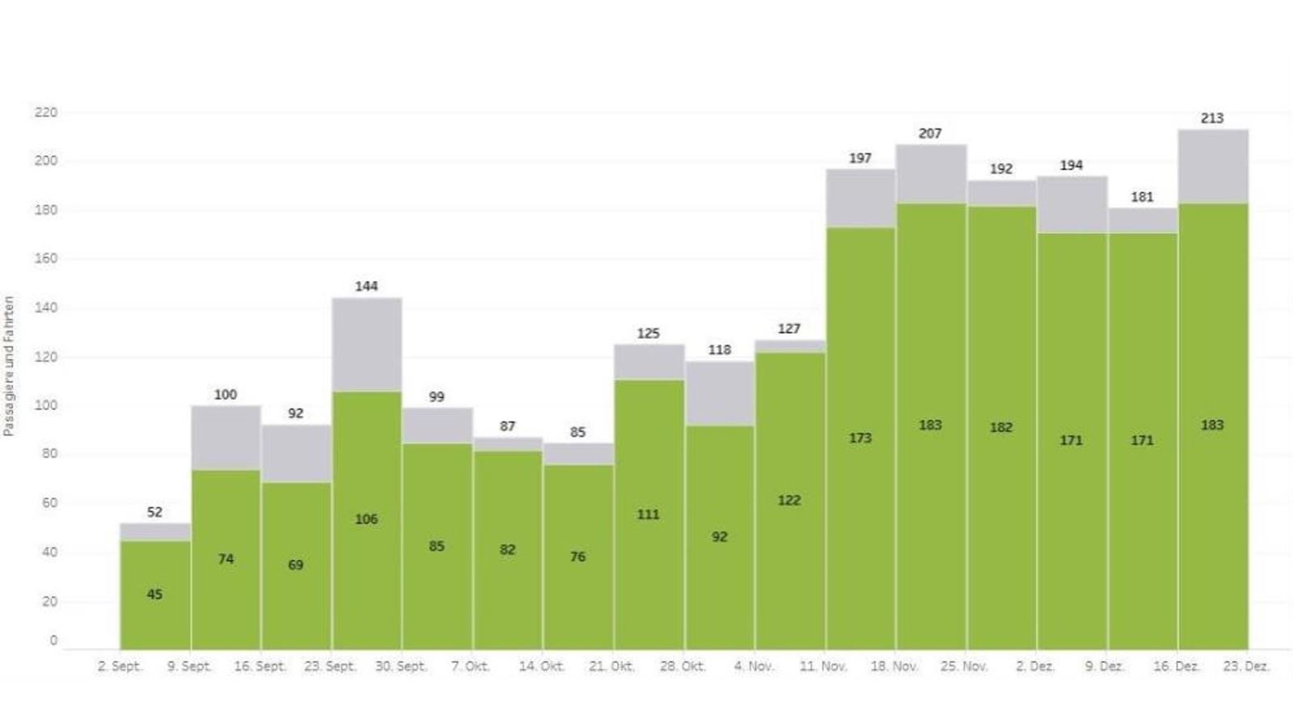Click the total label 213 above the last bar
click(x=1212, y=118)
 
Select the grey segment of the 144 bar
click(x=366, y=345)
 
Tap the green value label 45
click(x=154, y=595)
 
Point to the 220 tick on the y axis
click(x=46, y=112)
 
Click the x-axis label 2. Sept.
click(x=120, y=667)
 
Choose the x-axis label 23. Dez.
click(x=1246, y=667)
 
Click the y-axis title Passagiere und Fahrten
click(x=9, y=366)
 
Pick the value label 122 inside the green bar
click(x=789, y=501)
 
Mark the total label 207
click(x=930, y=133)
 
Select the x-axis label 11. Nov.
click(x=823, y=667)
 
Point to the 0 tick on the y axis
click(x=53, y=641)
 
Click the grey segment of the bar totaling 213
click(x=1212, y=166)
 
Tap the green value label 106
click(x=366, y=519)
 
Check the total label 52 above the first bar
click(x=154, y=512)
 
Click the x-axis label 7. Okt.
click(x=471, y=667)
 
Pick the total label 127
click(x=789, y=329)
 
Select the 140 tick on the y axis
click(x=46, y=308)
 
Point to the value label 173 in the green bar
click(x=860, y=438)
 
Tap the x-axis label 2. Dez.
click(x=1035, y=667)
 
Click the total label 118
click(x=719, y=350)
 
